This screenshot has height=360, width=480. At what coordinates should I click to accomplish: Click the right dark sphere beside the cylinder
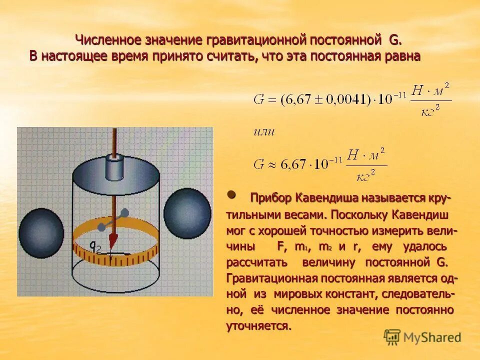pyautogui.click(x=187, y=213)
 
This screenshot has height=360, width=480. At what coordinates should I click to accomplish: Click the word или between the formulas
pyautogui.click(x=264, y=132)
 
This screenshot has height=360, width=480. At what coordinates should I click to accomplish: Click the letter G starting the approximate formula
pyautogui.click(x=258, y=163)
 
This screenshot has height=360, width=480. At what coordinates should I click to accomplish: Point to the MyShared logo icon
pyautogui.click(x=392, y=337)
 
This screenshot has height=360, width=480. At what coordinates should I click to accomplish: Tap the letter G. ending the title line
pyautogui.click(x=394, y=39)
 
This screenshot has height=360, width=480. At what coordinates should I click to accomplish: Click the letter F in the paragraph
pyautogui.click(x=280, y=246)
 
